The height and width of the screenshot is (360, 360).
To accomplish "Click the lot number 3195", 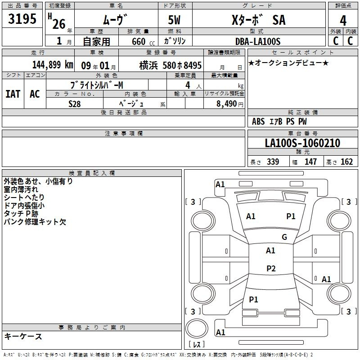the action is coord(22,19).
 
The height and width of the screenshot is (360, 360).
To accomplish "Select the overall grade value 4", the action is coord(343,20).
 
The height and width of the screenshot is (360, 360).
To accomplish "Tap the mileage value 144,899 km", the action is coord(53,65).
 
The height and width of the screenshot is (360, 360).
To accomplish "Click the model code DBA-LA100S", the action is coord(258,41).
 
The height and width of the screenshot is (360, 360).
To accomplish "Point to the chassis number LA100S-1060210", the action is coord(302,143).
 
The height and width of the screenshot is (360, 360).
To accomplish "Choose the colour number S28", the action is coord(75,104).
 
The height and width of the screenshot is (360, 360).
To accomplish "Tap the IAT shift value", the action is coord(13,94).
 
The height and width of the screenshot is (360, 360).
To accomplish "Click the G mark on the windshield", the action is coord(284,237).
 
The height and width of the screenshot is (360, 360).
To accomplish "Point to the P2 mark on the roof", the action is coord(271,268).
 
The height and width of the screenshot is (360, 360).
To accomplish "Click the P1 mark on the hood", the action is coord(291,216).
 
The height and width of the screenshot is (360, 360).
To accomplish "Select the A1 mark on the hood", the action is coord(251,216).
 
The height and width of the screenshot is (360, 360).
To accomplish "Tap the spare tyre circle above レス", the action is coord(197,328).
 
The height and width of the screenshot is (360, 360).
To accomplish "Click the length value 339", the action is coord(273,162).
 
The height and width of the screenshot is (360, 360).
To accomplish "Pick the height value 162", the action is coord(346,162).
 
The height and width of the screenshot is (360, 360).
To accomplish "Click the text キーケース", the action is coord(23,337).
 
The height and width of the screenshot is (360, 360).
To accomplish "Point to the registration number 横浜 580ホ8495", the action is coord(171,65).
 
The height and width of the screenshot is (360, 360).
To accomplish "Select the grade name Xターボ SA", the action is coord(259,20).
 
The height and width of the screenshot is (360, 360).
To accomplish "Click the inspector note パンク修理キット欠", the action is coord(35,222).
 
